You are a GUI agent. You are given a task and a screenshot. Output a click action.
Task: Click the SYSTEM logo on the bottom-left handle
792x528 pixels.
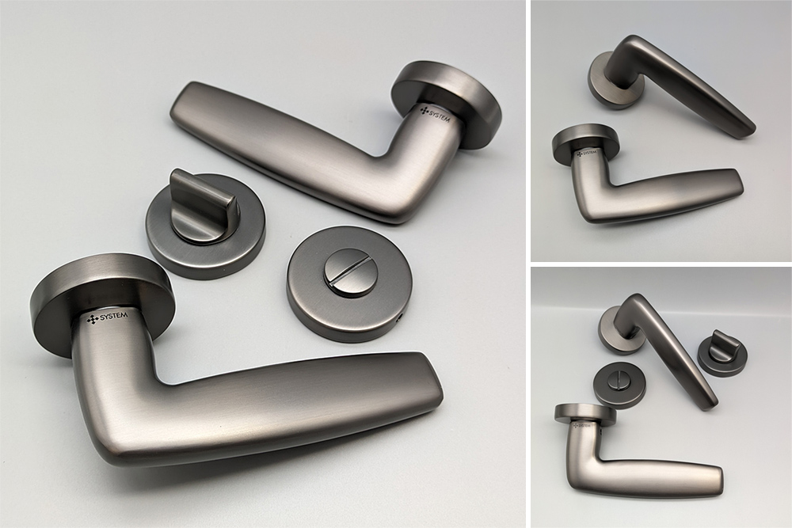(108, 318)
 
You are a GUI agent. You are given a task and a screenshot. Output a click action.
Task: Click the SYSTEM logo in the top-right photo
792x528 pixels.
(586, 153)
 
